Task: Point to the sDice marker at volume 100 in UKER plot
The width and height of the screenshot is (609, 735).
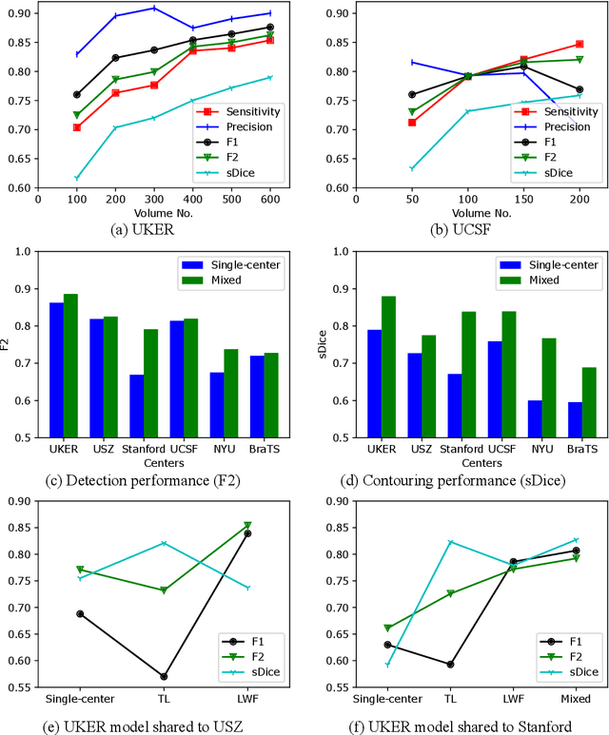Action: click(77, 178)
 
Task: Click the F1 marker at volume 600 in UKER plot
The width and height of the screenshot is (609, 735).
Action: click(270, 28)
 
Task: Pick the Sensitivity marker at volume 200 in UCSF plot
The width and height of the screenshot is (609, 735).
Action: click(580, 44)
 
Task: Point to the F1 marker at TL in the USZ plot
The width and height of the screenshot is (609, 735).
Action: click(164, 676)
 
